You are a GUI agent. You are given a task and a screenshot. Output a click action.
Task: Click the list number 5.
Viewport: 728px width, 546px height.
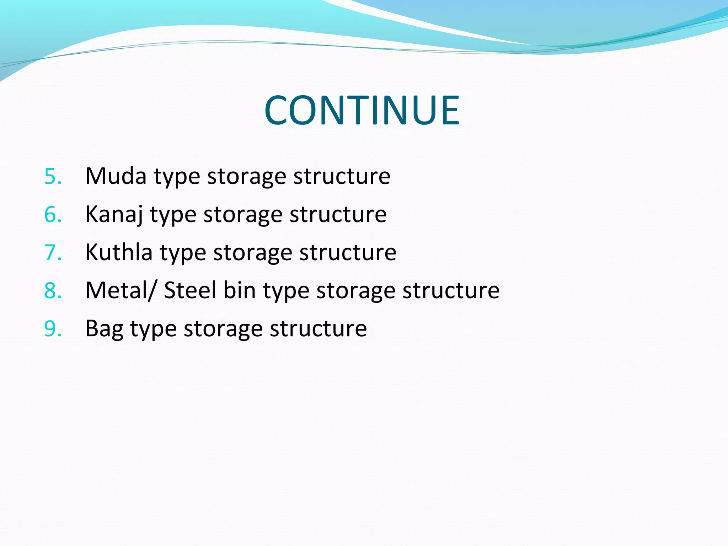tap(53, 176)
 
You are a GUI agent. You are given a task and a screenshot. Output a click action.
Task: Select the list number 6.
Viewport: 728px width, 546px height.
tap(53, 214)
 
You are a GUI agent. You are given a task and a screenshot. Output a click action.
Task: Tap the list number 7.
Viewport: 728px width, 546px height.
tap(53, 252)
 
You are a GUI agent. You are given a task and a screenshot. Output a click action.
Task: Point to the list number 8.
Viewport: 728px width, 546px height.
tap(53, 290)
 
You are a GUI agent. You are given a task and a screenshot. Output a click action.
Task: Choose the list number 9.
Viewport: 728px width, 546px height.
tap(53, 328)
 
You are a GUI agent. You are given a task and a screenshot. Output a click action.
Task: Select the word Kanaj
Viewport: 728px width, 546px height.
tap(114, 214)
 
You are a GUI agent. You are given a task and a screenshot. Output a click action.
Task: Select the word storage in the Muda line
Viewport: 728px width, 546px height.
tap(246, 177)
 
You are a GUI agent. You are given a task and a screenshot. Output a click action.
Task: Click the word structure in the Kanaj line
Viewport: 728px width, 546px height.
tap(338, 214)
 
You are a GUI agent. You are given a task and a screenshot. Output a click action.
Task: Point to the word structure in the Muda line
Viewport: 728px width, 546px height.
tap(342, 176)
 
